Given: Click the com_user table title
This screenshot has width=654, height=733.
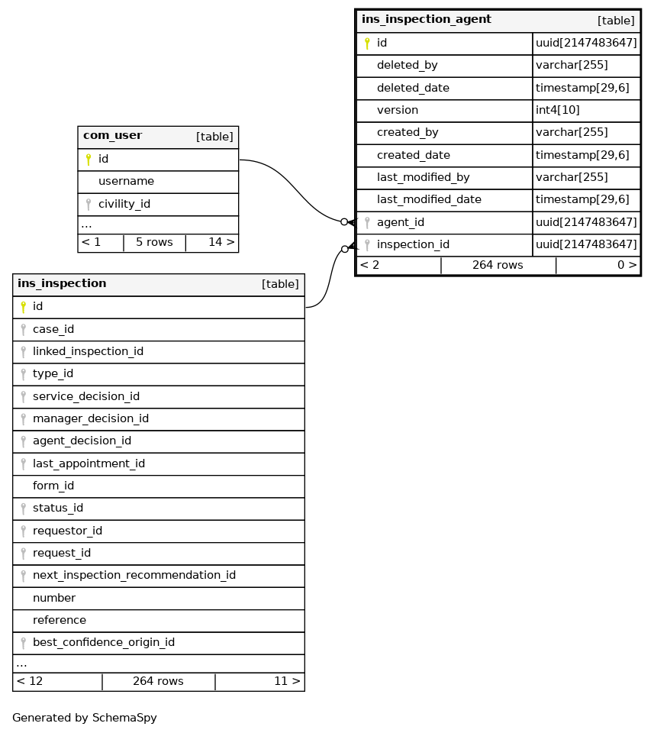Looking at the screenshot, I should pyautogui.click(x=112, y=136).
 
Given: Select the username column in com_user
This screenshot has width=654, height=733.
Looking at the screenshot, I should pyautogui.click(x=126, y=182).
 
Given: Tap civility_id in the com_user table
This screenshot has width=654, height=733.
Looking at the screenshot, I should pyautogui.click(x=124, y=204).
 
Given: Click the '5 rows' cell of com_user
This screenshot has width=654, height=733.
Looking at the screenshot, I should pyautogui.click(x=154, y=242).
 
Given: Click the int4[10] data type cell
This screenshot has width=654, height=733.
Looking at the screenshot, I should pyautogui.click(x=557, y=110).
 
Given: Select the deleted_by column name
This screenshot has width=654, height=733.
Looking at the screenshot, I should pyautogui.click(x=407, y=66).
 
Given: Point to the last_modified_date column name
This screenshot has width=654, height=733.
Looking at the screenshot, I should pyautogui.click(x=429, y=200).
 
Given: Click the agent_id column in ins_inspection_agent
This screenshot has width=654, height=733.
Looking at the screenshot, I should pyautogui.click(x=400, y=222).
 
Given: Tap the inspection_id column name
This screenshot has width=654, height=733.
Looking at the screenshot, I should pyautogui.click(x=413, y=245).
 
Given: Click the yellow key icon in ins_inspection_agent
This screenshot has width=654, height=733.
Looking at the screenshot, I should pyautogui.click(x=367, y=44).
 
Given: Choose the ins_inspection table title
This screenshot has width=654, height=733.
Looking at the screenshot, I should pyautogui.click(x=62, y=284).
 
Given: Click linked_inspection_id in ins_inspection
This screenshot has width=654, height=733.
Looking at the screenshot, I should pyautogui.click(x=88, y=352).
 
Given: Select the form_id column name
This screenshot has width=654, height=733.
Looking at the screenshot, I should pyautogui.click(x=53, y=486).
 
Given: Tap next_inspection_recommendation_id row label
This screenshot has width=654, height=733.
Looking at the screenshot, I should pyautogui.click(x=134, y=575).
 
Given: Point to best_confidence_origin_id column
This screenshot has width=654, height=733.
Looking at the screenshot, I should pyautogui.click(x=103, y=642).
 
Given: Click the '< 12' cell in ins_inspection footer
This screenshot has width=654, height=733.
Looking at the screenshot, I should pyautogui.click(x=30, y=681).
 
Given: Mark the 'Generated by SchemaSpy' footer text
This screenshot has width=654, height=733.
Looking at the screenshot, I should pyautogui.click(x=84, y=718).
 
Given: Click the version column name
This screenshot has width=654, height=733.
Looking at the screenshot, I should pyautogui.click(x=397, y=110).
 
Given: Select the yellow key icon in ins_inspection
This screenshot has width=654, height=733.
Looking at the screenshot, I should pyautogui.click(x=23, y=307).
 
